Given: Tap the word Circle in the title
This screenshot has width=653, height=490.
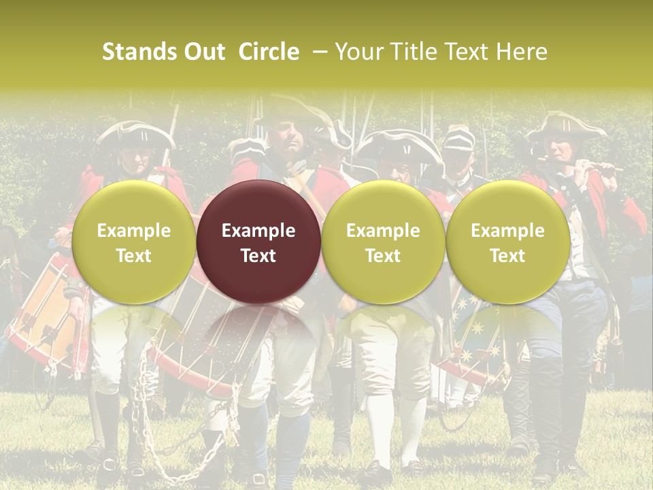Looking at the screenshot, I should [x=269, y=52].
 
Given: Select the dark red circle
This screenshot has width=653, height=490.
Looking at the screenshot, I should [x=258, y=242].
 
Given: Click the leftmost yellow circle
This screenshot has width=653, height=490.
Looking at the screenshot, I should [x=134, y=242].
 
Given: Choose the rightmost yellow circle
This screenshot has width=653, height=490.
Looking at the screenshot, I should [x=507, y=242].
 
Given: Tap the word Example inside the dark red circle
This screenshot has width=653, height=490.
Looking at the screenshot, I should [x=258, y=231].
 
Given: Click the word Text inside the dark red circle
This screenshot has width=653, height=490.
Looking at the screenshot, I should [x=258, y=256].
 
